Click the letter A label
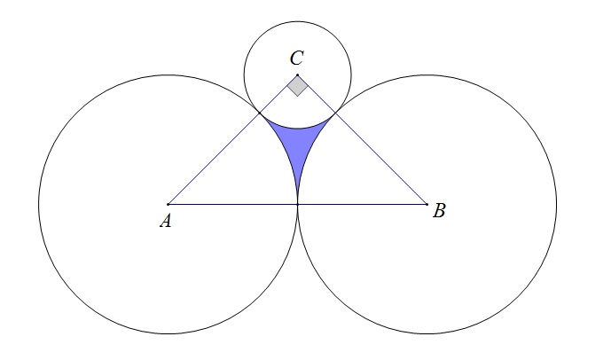165,222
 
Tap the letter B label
439,211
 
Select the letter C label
297,59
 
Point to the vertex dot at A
168,204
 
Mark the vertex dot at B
427,204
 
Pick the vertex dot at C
298,74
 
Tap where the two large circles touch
298,204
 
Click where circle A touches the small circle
260,113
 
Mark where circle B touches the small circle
336,113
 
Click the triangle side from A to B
231,204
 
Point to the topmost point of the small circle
298,21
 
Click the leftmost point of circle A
38,204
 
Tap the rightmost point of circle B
557,204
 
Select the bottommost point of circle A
168,333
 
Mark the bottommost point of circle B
427,333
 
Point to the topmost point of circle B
427,74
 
